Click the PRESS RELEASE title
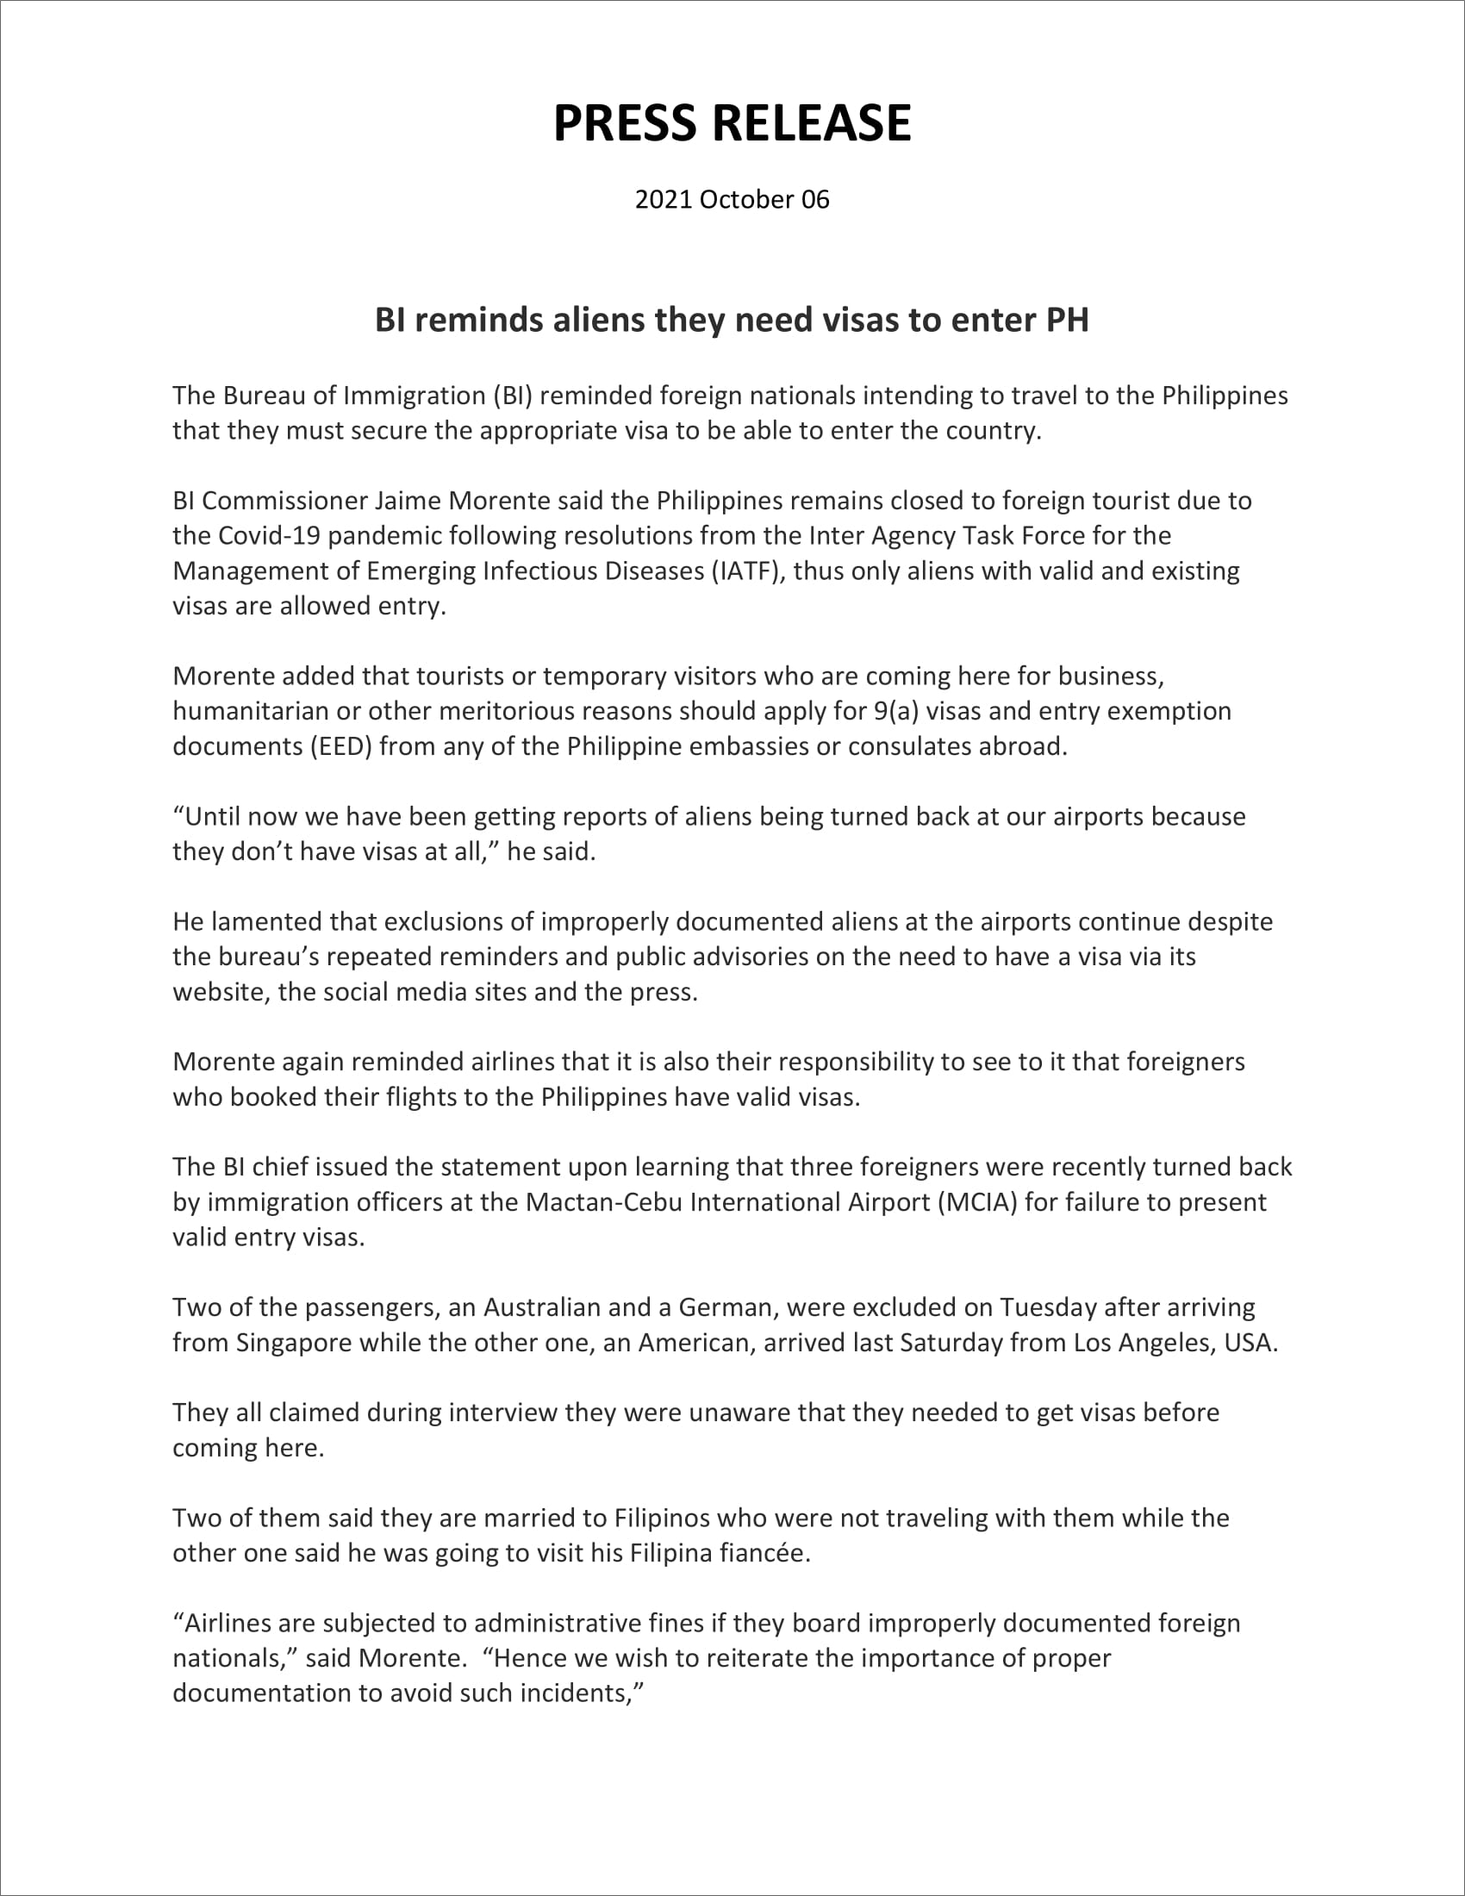coord(732,122)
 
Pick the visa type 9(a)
coord(895,711)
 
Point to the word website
coord(221,992)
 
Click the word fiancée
coord(764,1553)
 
